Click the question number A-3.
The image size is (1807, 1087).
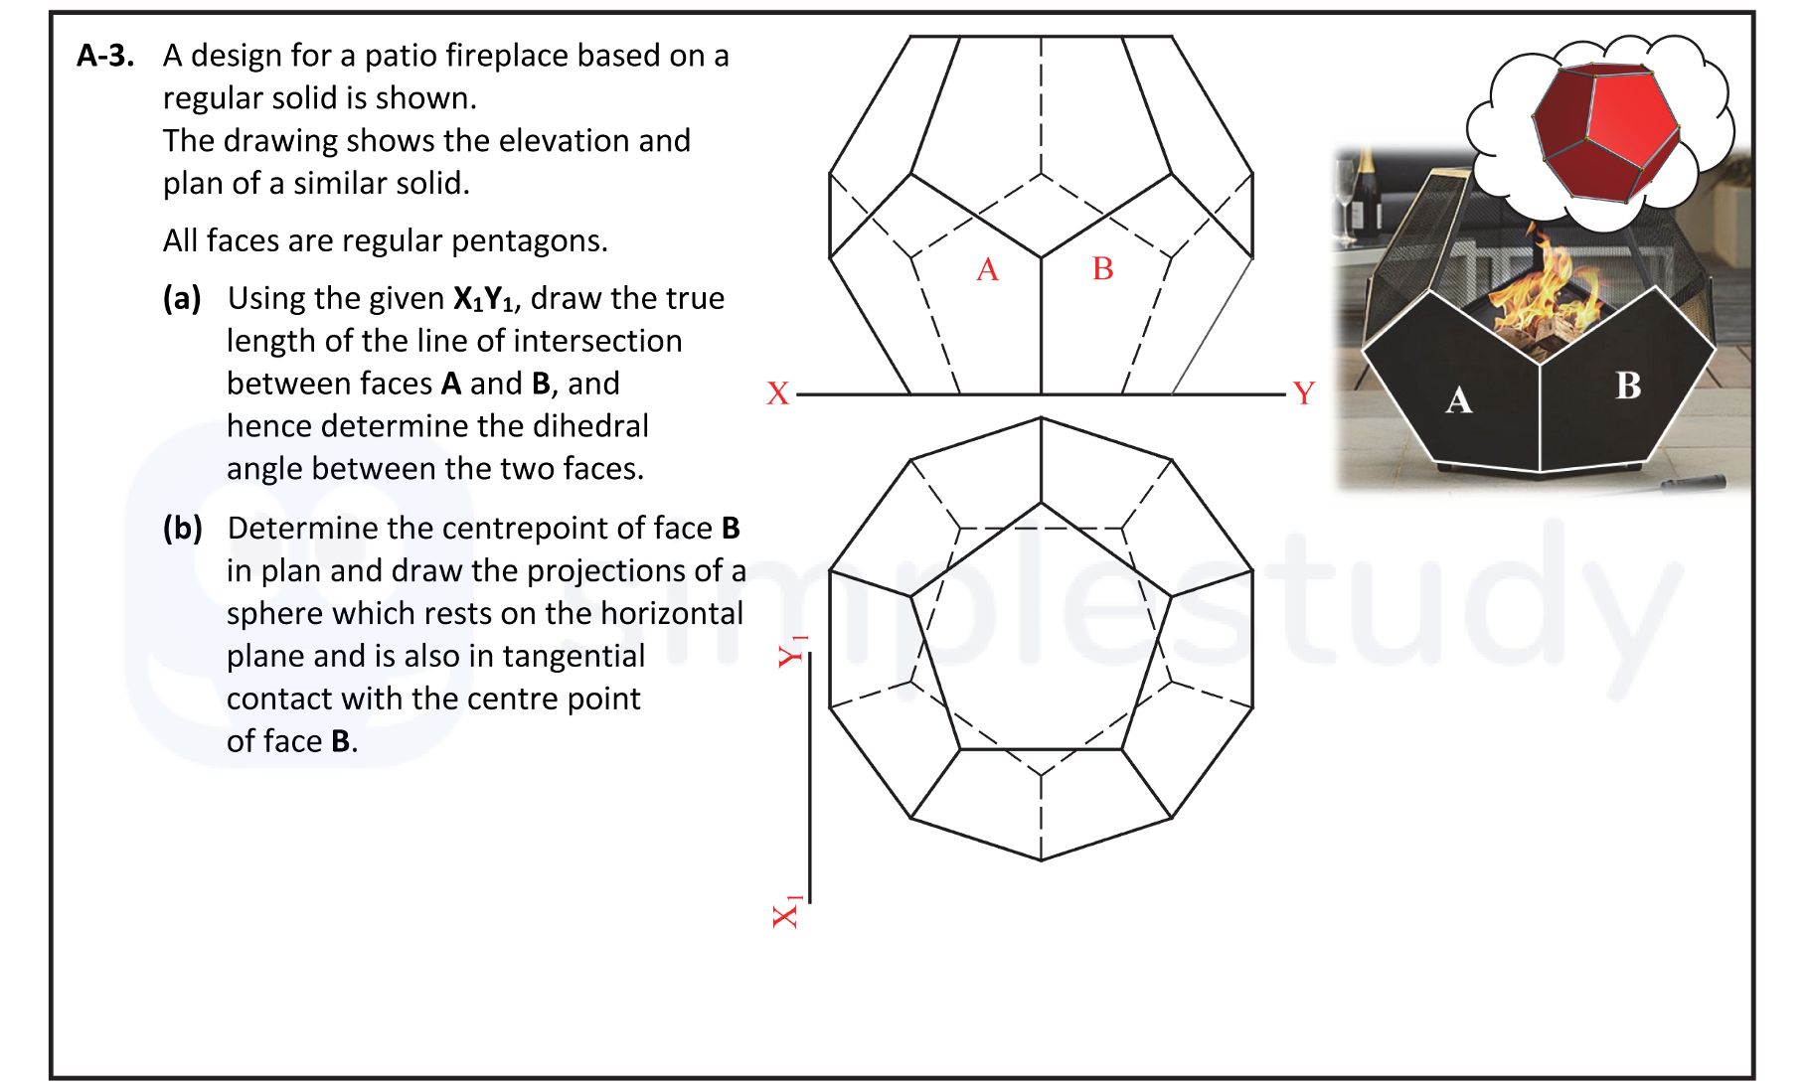point(105,56)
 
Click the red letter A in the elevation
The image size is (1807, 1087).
point(987,269)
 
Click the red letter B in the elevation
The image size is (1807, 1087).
point(1102,268)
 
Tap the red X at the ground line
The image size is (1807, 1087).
point(777,393)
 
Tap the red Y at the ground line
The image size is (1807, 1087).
point(1303,393)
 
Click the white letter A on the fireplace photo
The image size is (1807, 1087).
point(1458,400)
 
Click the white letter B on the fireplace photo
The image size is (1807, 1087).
point(1627,386)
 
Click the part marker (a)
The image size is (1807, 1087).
point(182,298)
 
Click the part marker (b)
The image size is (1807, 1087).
point(182,528)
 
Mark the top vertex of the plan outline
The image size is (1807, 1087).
point(1041,417)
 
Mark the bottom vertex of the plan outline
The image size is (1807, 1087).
point(1041,860)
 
